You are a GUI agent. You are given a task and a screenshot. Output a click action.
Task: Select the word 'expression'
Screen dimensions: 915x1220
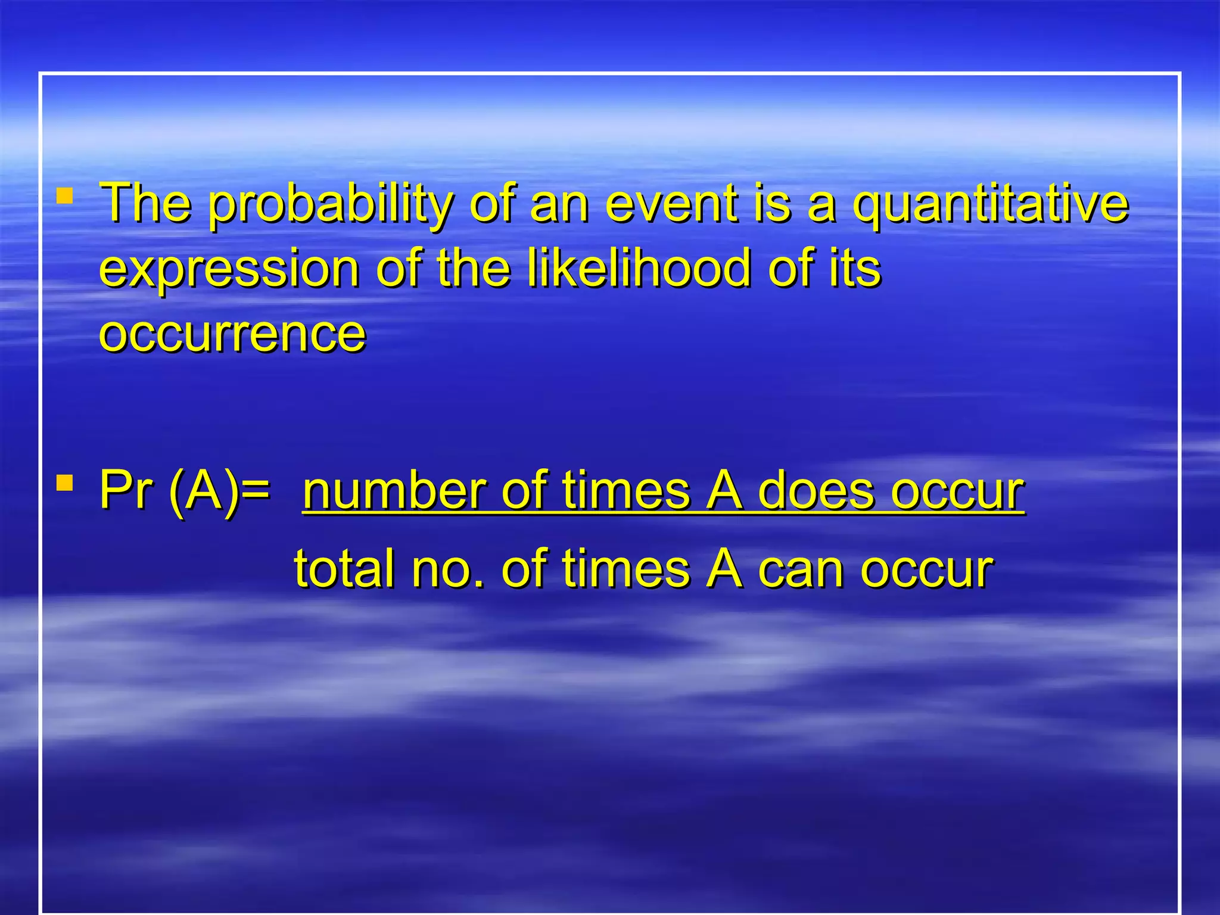[x=229, y=270]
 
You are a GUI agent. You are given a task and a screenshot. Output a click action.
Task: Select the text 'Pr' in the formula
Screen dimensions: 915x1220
[x=125, y=491]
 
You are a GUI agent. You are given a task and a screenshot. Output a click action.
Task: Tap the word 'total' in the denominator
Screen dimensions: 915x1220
[x=345, y=569]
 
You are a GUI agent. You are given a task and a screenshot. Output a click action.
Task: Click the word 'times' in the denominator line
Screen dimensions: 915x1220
[x=626, y=569]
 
